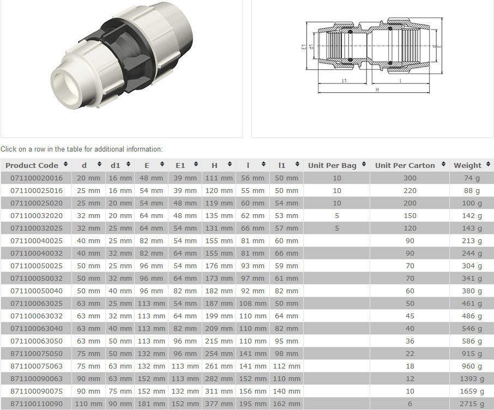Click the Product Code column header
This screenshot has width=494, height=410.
tap(32, 165)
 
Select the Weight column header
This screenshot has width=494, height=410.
tap(467, 165)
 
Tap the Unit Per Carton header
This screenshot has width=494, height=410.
tap(405, 165)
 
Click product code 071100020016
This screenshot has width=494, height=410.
tap(37, 178)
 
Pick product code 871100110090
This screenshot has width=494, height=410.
tap(37, 403)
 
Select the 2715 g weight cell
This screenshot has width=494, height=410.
tap(472, 403)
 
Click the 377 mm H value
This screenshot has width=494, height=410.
tap(219, 403)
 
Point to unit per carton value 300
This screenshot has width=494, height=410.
tap(410, 178)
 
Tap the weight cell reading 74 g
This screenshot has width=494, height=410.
tap(472, 178)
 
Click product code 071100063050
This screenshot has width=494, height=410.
tap(37, 341)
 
